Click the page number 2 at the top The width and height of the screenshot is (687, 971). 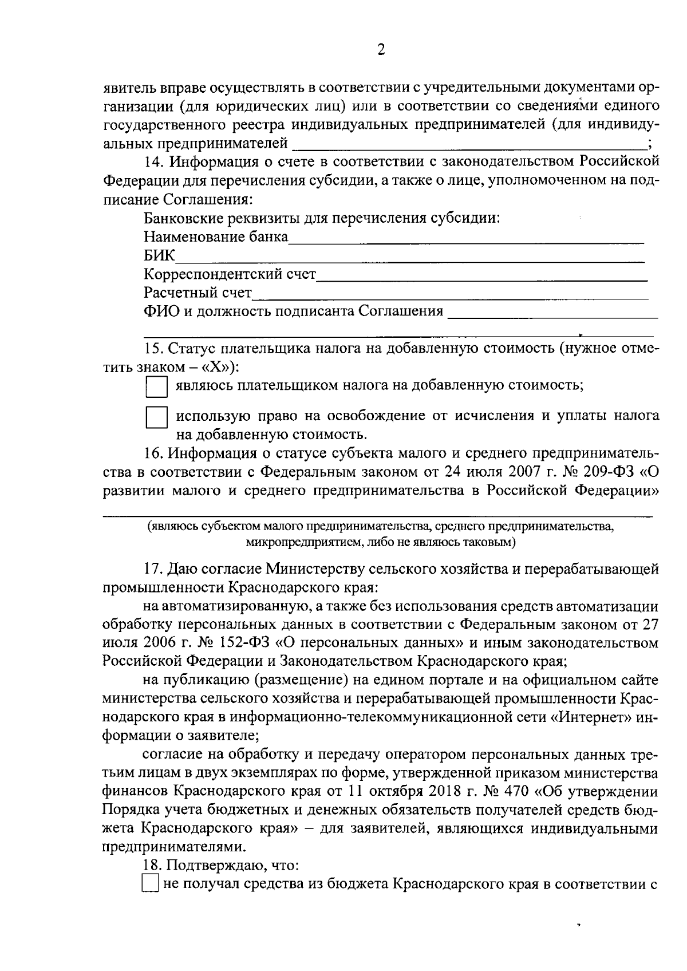(381, 50)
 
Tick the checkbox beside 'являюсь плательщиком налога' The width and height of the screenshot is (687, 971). (156, 386)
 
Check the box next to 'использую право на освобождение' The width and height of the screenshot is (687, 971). (156, 418)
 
